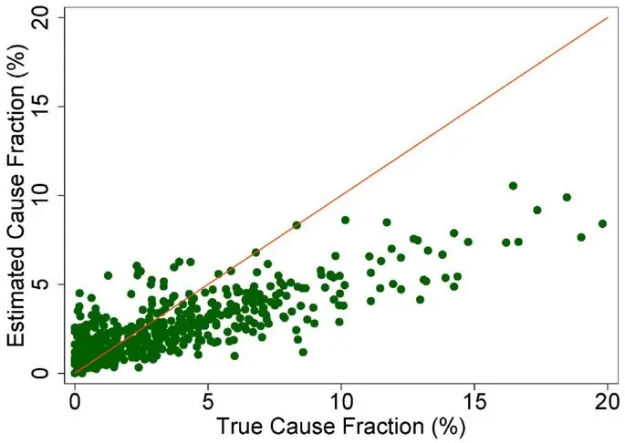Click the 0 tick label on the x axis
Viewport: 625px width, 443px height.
click(75, 399)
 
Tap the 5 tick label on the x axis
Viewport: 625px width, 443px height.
click(208, 399)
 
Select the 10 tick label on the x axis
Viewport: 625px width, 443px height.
click(341, 399)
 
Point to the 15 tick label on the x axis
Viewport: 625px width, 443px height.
click(474, 399)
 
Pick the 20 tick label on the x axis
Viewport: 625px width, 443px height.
click(608, 399)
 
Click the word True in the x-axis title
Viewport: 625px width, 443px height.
click(239, 426)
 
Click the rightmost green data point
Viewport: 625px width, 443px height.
click(602, 223)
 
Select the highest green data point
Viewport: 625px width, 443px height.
click(513, 186)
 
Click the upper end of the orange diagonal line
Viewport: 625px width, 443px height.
click(608, 17)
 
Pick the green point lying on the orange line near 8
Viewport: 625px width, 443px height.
click(297, 225)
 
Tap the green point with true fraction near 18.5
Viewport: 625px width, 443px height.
click(567, 197)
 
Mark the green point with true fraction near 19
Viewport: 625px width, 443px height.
click(581, 237)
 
